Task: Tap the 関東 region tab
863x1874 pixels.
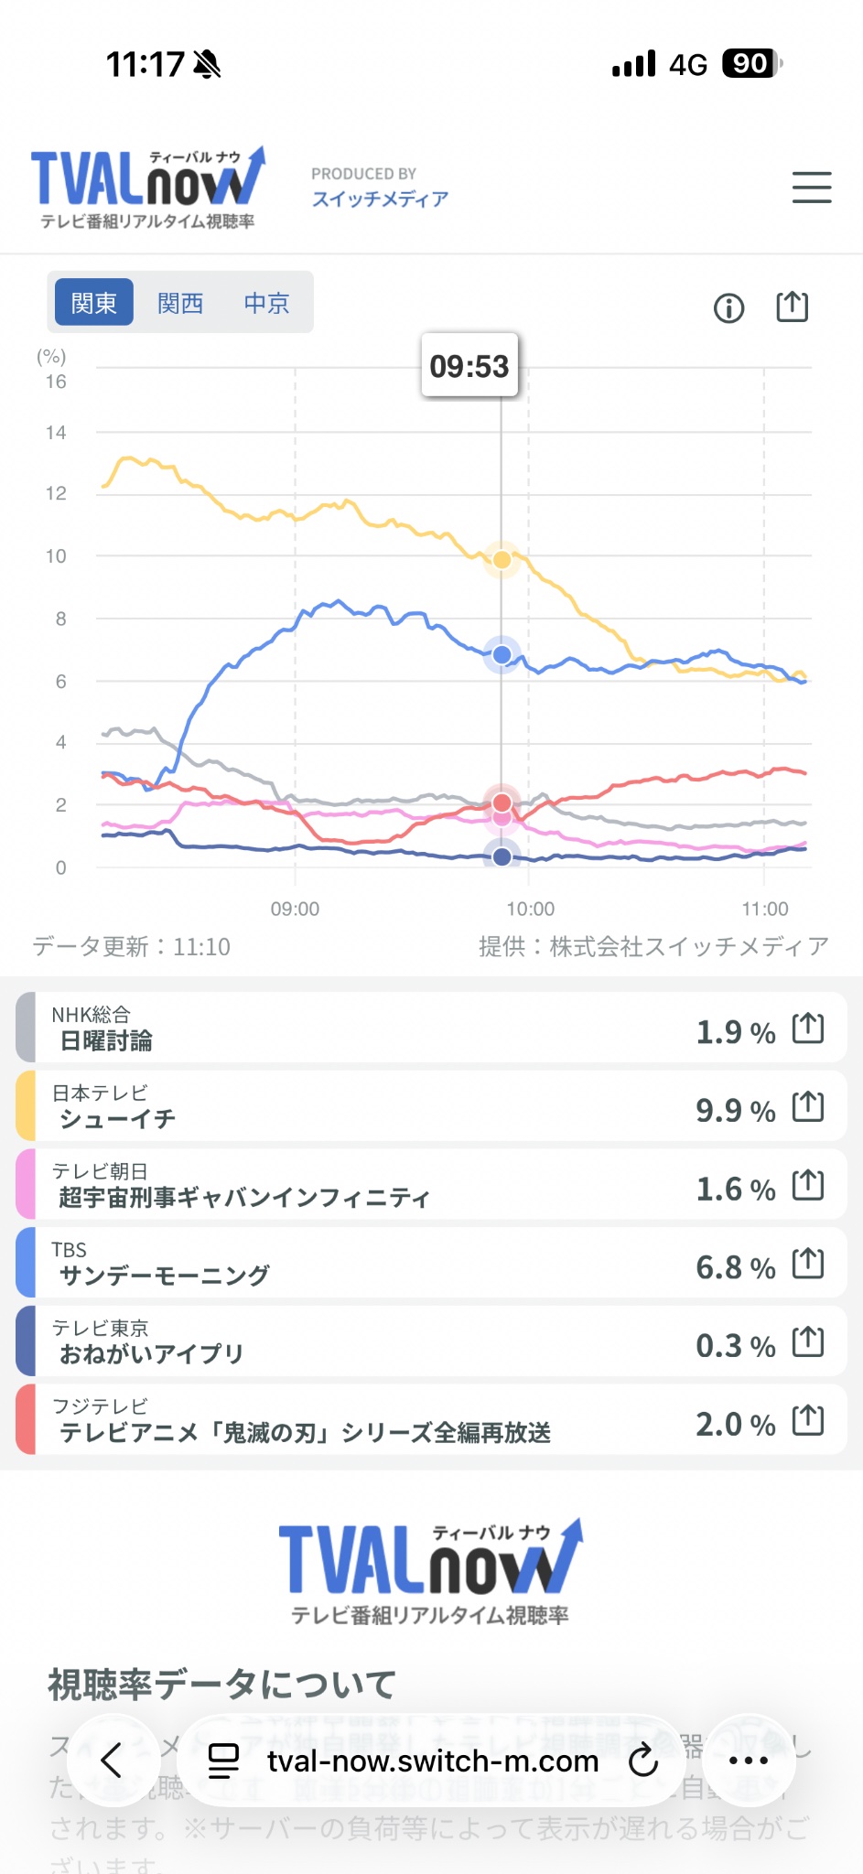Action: [x=94, y=302]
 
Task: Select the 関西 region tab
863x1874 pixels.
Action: [x=180, y=302]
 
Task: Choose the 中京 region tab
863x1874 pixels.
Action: [x=266, y=302]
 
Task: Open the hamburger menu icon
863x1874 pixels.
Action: [x=812, y=188]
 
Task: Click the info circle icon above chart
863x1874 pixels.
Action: [x=728, y=308]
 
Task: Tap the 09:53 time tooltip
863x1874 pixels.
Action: [x=469, y=366]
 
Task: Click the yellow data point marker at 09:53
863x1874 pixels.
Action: [x=502, y=559]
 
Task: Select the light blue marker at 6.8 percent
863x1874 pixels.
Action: [x=502, y=655]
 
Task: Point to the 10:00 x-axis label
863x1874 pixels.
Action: [x=531, y=909]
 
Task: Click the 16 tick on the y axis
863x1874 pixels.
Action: [x=56, y=382]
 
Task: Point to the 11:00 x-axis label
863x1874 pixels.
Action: [x=765, y=909]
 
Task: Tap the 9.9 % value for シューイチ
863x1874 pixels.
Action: [x=735, y=1111]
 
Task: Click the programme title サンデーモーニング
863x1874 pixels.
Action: [x=165, y=1276]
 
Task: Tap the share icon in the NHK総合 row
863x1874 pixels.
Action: [x=808, y=1029]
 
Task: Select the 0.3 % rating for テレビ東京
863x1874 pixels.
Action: [x=735, y=1346]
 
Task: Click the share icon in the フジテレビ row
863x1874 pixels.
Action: [x=808, y=1421]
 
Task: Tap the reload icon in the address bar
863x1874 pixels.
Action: [x=643, y=1760]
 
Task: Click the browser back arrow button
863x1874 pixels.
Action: [x=112, y=1760]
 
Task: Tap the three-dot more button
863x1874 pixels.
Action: [x=749, y=1760]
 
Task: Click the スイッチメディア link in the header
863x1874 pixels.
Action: [x=380, y=199]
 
